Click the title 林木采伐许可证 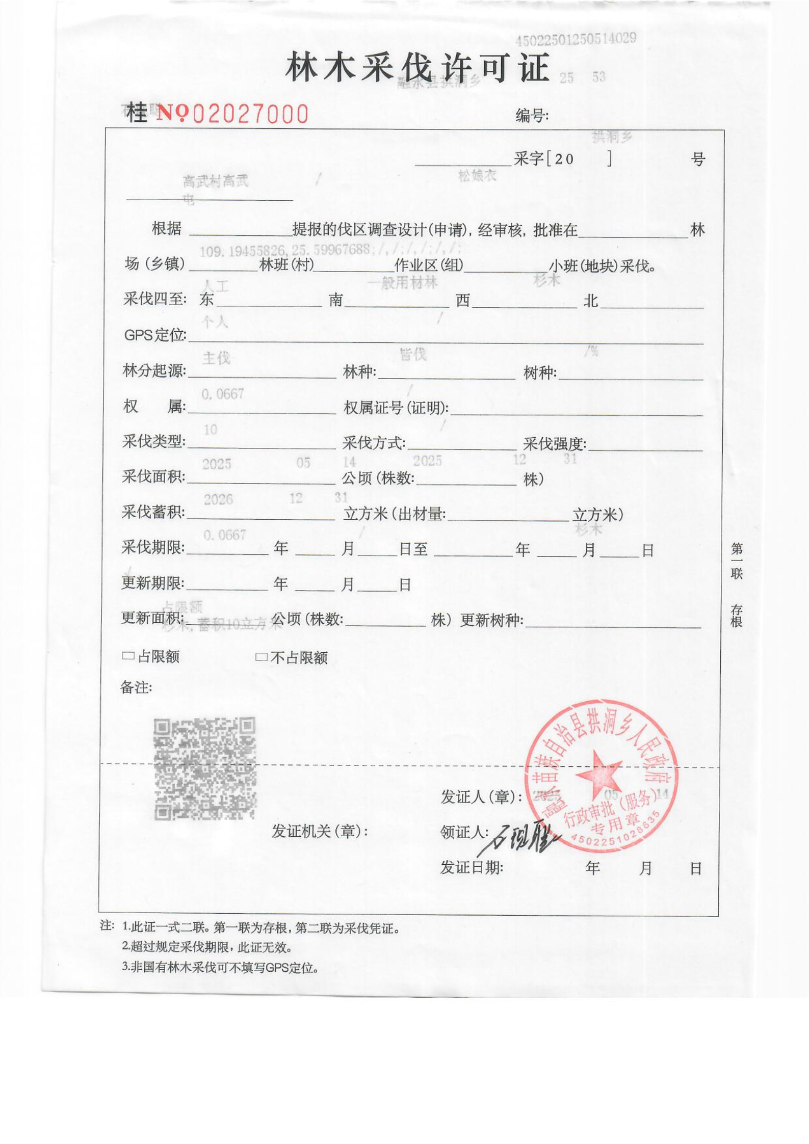(x=417, y=67)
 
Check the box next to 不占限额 (x=261, y=657)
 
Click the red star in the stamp (x=598, y=775)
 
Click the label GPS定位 (x=155, y=335)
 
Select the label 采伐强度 (x=555, y=443)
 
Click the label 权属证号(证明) (x=396, y=408)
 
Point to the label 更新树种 (x=491, y=620)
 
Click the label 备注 (x=136, y=687)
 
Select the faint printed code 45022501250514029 (x=576, y=39)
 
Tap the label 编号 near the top (x=532, y=116)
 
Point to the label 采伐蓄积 (x=153, y=512)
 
